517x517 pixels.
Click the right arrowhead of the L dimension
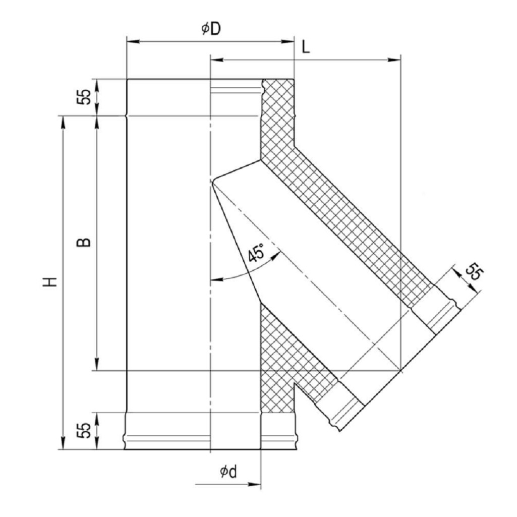coord(396,60)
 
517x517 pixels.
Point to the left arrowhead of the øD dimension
coord(131,42)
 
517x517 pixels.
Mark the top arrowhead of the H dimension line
coord(63,121)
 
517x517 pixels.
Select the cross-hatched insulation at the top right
coord(278,116)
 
